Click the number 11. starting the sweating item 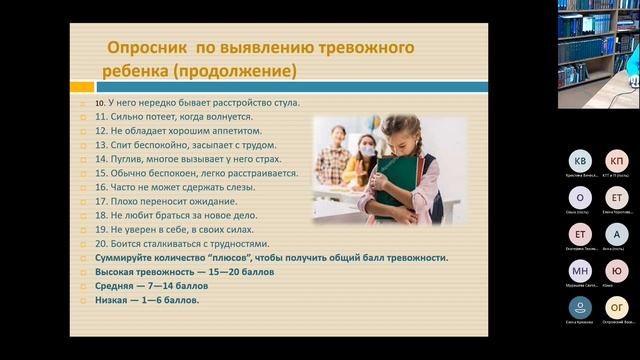pos(101,117)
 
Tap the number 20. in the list pos(101,243)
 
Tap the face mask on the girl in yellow pos(367,150)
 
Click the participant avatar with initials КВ pos(580,161)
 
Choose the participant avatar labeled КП pos(617,161)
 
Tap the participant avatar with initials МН pos(580,271)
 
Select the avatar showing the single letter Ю pos(617,271)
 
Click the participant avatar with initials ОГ pos(617,307)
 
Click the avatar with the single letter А pos(617,234)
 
